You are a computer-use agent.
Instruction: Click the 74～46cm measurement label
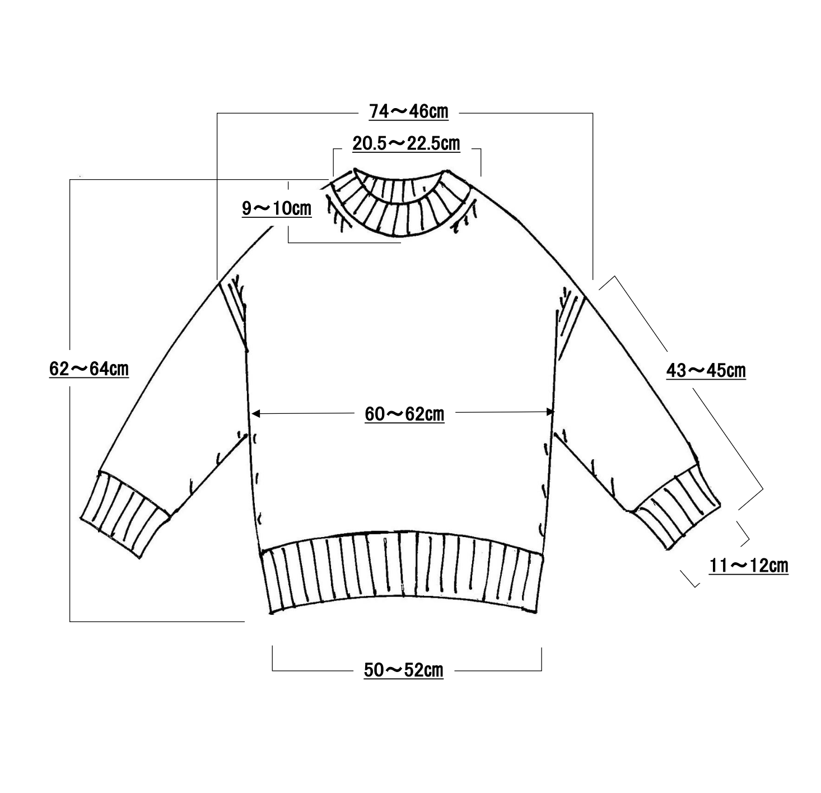[x=408, y=112]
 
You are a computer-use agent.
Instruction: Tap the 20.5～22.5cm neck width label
[x=406, y=144]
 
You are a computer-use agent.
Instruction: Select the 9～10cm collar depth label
[x=277, y=208]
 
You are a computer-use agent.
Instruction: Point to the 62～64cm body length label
[x=89, y=369]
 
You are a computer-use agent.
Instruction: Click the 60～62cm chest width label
[x=404, y=414]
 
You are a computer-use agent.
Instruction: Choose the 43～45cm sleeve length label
[x=706, y=371]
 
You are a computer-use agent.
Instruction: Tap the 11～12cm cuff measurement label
[x=749, y=566]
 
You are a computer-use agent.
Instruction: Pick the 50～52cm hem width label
[x=404, y=670]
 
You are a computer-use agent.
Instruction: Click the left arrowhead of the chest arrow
[x=256, y=414]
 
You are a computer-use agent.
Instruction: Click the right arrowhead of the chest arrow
[x=550, y=412]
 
